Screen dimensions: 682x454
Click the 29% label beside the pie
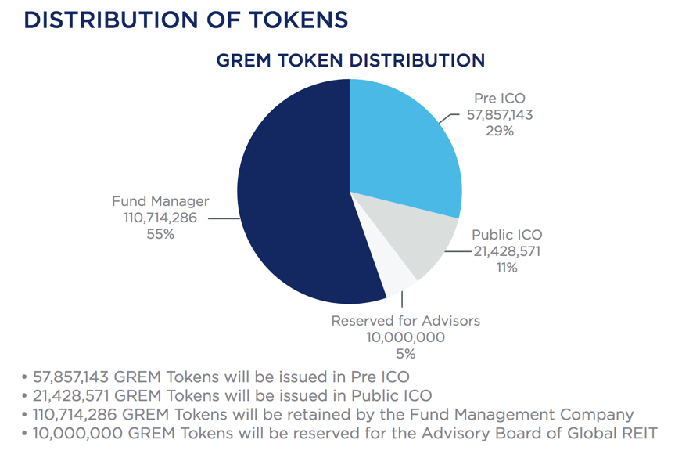[500, 131]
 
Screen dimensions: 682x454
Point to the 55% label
[160, 235]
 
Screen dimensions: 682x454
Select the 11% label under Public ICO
[507, 268]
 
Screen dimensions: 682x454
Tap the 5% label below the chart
[405, 354]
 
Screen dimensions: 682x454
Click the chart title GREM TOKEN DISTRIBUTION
[350, 60]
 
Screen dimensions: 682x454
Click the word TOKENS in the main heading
[299, 20]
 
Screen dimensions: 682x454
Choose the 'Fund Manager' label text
[160, 201]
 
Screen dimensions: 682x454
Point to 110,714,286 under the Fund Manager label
[160, 218]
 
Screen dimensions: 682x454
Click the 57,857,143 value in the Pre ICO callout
[500, 115]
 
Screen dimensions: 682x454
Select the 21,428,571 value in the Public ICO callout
[507, 251]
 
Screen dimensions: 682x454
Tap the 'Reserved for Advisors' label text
[406, 321]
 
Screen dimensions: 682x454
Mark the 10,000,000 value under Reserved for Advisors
[405, 337]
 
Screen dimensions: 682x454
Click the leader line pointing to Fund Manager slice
[224, 218]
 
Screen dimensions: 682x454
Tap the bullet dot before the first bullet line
[24, 377]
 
